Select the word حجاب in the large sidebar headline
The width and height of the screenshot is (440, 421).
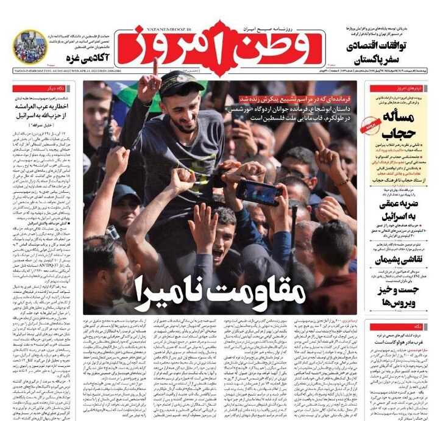400,131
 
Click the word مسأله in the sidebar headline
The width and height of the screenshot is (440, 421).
403,113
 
